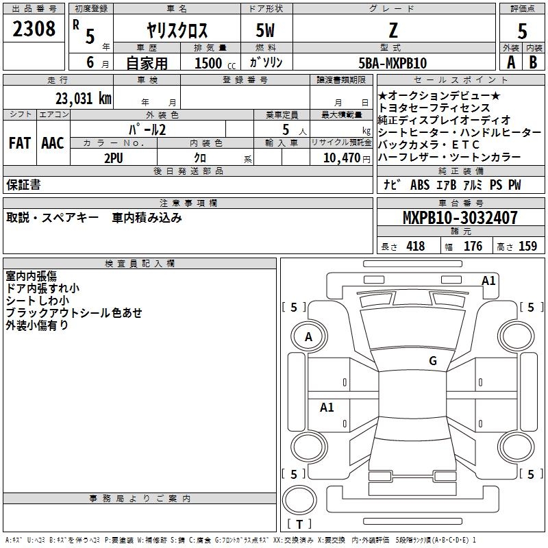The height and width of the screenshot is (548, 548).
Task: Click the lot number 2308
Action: pos(34,29)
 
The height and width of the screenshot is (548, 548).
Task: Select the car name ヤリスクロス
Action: pos(177,30)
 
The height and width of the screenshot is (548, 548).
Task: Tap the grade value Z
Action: pos(393,30)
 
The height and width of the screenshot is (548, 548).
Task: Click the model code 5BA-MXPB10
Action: pos(393,63)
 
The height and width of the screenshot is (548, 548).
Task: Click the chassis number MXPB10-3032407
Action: pos(460,219)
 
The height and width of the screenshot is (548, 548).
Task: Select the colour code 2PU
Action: pos(114,158)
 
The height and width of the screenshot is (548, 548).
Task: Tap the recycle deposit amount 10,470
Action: pos(340,158)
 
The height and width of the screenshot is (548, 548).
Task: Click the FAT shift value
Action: pos(20,143)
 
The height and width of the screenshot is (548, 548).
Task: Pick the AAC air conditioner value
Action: pos(53,143)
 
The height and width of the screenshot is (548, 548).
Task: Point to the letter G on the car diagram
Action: pos(433,361)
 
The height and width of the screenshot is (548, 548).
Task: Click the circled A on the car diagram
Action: pos(309,337)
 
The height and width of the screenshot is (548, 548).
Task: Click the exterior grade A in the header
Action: pos(510,62)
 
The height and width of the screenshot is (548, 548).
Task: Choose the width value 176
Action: pos(473,246)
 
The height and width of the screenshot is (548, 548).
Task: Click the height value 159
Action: pos(527,246)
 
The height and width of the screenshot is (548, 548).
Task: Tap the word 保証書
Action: pos(23,185)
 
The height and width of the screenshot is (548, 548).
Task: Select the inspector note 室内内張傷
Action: pos(32,276)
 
